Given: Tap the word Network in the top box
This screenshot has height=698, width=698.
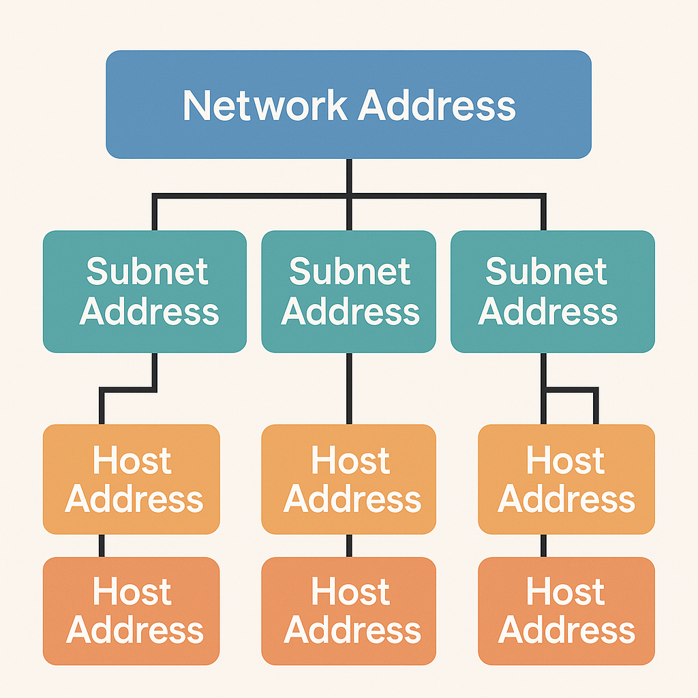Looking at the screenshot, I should coord(265,106).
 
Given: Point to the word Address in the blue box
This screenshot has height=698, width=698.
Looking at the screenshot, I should coord(436,106).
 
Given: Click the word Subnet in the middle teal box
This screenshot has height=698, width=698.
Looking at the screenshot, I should coord(350,272).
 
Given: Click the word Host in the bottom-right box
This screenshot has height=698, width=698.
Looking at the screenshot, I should coord(565,592).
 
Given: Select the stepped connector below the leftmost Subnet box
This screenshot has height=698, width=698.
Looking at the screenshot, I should coord(128,391).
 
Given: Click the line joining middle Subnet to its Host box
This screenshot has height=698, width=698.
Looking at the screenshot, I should coord(349,389).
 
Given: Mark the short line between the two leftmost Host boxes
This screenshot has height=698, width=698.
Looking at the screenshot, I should coord(102,545).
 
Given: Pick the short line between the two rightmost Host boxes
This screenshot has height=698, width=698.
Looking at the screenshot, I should coord(544,545).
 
